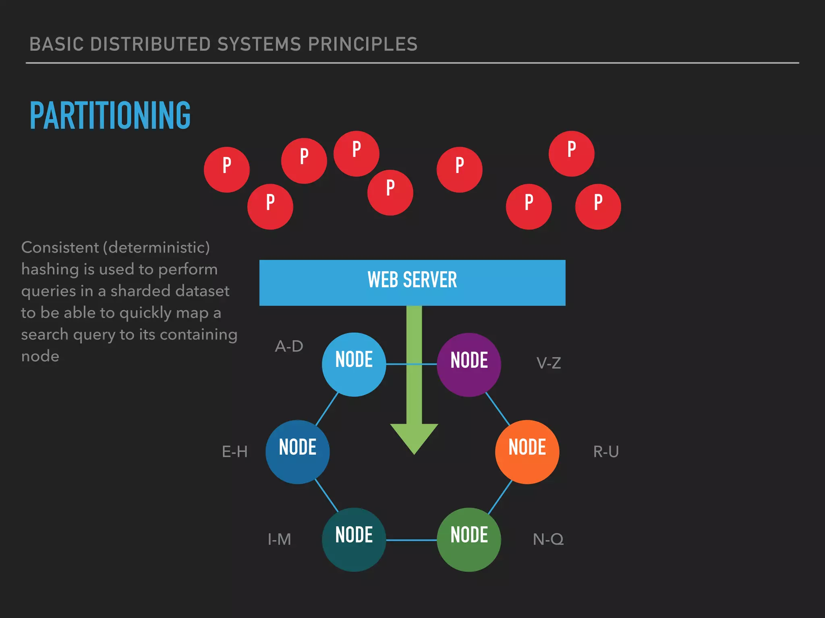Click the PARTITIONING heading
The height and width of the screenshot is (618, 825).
pyautogui.click(x=110, y=115)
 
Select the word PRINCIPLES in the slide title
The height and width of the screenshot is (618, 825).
pyautogui.click(x=363, y=44)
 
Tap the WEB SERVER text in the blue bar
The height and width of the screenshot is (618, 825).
pyautogui.click(x=412, y=280)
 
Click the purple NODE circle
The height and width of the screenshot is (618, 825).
pyautogui.click(x=469, y=365)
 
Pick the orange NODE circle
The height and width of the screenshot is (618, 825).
pyautogui.click(x=527, y=452)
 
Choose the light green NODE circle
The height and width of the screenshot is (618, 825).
pyautogui.click(x=469, y=540)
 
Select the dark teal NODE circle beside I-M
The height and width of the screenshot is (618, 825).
pyautogui.click(x=354, y=540)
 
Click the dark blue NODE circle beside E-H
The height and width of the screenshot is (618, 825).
pyautogui.click(x=297, y=452)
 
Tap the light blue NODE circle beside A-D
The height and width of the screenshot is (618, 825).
pyautogui.click(x=354, y=364)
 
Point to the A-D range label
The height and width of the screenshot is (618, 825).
pyautogui.click(x=289, y=346)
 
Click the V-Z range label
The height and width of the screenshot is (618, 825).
pyautogui.click(x=548, y=363)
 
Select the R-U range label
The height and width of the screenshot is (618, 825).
pyautogui.click(x=605, y=452)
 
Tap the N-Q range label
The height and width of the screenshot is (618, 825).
pyautogui.click(x=548, y=540)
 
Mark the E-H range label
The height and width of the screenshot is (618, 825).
pyautogui.click(x=234, y=452)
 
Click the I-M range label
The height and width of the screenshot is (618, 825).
pyautogui.click(x=279, y=540)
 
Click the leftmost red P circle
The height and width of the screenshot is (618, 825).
pyautogui.click(x=226, y=169)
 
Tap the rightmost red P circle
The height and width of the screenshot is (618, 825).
pyautogui.click(x=598, y=206)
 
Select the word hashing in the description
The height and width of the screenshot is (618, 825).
pyautogui.click(x=50, y=270)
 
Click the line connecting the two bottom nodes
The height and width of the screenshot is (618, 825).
pyautogui.click(x=411, y=540)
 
